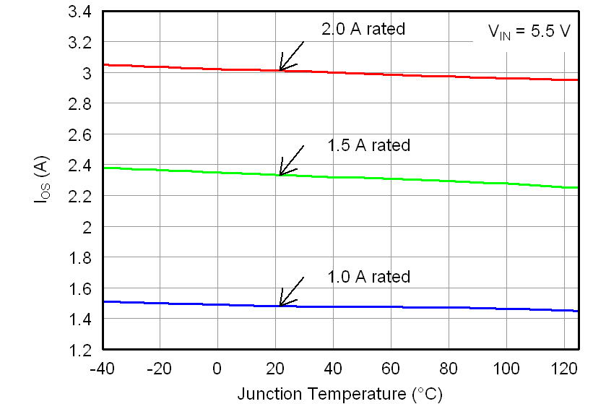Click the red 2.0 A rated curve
pos(433,74)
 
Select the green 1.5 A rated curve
pos(433,179)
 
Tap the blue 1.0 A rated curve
pos(433,306)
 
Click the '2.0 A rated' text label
pos(363,30)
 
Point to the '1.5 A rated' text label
pos(368,145)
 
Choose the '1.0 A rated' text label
pos(368,277)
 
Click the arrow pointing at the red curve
pos(290,57)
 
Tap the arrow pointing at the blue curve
pos(290,293)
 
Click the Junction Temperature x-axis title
pos(339,394)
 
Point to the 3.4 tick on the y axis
pos(80,12)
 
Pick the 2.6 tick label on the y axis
pos(80,135)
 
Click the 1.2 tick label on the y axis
pos(80,351)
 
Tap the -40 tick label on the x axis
pos(102,368)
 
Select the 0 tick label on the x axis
pos(217,368)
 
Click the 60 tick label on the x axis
pos(391,368)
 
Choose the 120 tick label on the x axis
pos(564,368)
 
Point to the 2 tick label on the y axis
pos(88,227)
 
